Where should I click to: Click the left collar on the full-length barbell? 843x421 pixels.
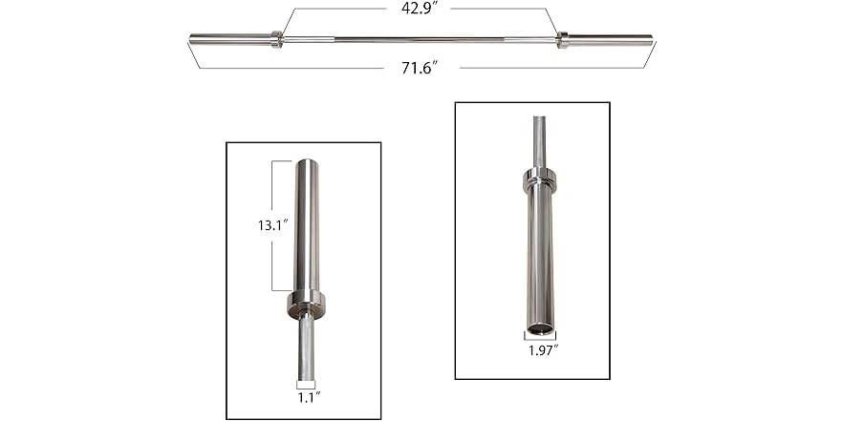pyautogui.click(x=276, y=39)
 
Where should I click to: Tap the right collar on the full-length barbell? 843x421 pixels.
pyautogui.click(x=562, y=39)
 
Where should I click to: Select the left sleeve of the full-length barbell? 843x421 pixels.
pyautogui.click(x=229, y=39)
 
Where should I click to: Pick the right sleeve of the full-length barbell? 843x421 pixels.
pyautogui.click(x=609, y=39)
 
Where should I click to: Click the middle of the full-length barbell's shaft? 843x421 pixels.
pyautogui.click(x=421, y=39)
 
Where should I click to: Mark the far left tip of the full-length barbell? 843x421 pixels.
pyautogui.click(x=191, y=39)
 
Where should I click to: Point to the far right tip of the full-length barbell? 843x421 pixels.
pyautogui.click(x=651, y=39)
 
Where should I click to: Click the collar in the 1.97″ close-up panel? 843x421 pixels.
pyautogui.click(x=539, y=178)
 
